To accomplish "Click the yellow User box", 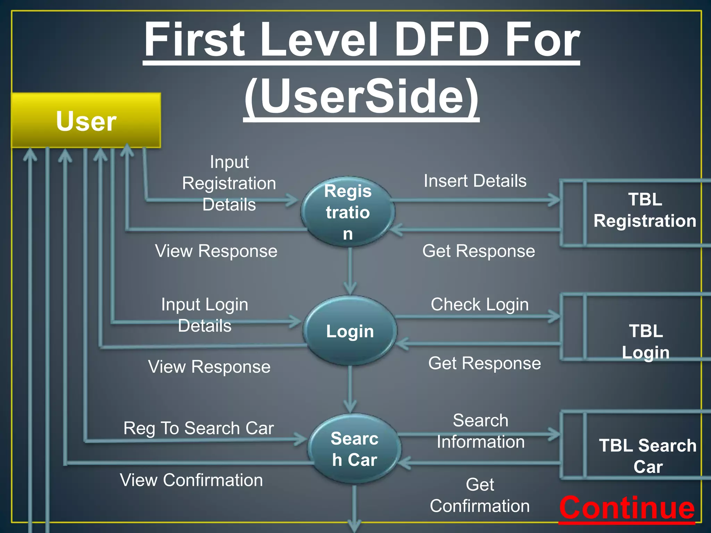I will tap(86, 120).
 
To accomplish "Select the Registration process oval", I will tap(348, 212).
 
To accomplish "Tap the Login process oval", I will tap(350, 331).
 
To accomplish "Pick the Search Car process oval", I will tap(354, 449).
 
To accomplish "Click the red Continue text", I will tap(627, 507).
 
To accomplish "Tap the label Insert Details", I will tap(475, 181).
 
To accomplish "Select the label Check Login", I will tap(480, 304).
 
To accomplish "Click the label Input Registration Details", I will tap(229, 183).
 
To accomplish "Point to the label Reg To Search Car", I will tap(199, 428).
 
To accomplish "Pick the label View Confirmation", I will tap(191, 480).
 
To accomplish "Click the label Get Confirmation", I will tap(480, 495).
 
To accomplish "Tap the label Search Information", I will tap(481, 431).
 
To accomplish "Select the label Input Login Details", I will tap(205, 315).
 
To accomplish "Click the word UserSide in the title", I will tap(362, 96).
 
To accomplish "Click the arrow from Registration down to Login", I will tap(350, 271).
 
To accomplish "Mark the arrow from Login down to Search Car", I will tap(350, 389).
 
